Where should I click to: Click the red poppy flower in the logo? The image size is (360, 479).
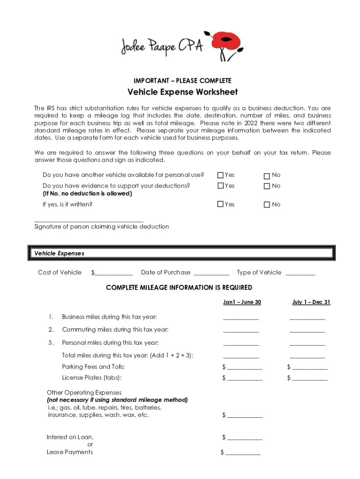(227, 41)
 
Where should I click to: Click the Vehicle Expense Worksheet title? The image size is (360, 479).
(182, 92)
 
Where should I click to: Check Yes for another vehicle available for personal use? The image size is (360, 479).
(221, 175)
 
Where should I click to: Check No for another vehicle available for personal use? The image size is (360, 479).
(267, 176)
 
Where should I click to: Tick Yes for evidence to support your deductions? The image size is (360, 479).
(221, 186)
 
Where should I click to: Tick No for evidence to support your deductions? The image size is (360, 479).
(267, 187)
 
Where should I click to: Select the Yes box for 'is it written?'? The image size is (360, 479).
(221, 204)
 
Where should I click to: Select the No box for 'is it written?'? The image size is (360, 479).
(267, 205)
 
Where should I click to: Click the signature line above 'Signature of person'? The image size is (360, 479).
(89, 220)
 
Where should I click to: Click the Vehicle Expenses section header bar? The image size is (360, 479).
(180, 254)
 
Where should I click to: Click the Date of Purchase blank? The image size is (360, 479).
(211, 273)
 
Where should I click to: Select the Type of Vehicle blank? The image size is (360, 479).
(300, 273)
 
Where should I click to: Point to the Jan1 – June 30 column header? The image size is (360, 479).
(242, 302)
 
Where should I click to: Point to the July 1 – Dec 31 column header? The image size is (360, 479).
(311, 302)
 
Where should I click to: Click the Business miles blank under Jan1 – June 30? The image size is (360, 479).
(241, 318)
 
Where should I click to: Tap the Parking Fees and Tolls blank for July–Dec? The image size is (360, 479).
(310, 368)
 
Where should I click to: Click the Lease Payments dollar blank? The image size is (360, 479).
(243, 453)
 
